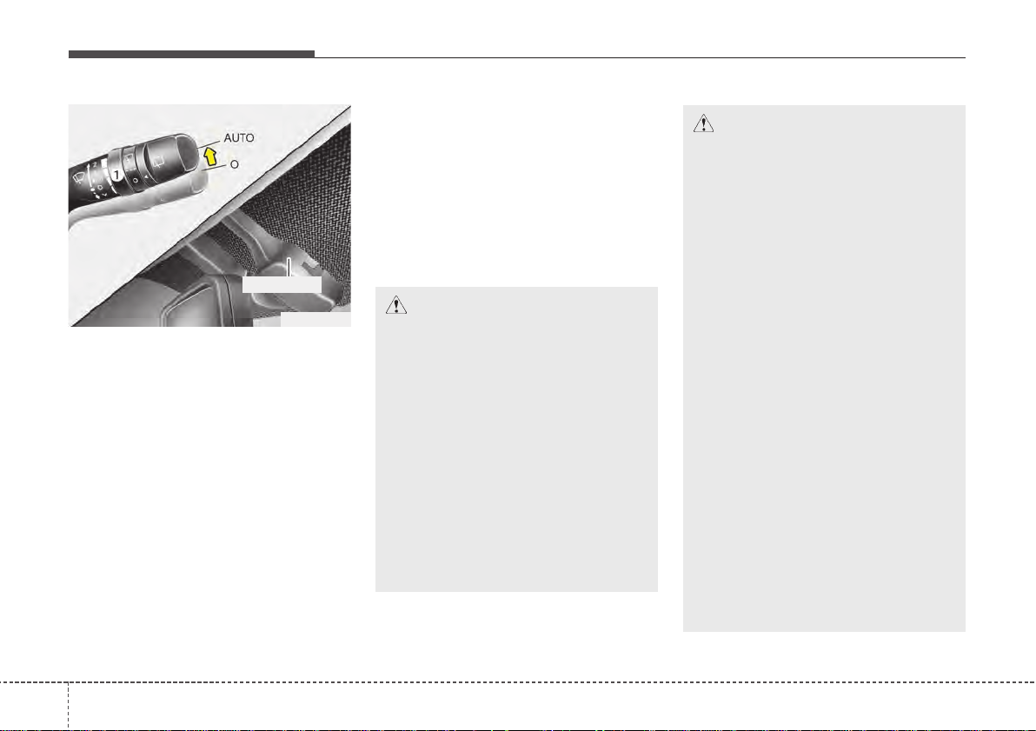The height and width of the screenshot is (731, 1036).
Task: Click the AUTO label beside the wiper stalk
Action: pyautogui.click(x=238, y=138)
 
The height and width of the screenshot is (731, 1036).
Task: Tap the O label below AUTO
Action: pyautogui.click(x=234, y=164)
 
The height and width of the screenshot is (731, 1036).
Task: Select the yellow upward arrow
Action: pyautogui.click(x=210, y=156)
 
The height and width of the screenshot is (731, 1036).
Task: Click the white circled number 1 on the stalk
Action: pyautogui.click(x=116, y=175)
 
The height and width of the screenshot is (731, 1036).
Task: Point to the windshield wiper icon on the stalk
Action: pyautogui.click(x=78, y=178)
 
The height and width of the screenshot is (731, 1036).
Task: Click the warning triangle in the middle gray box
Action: pyautogui.click(x=395, y=305)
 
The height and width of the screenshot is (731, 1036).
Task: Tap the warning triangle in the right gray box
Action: pyautogui.click(x=703, y=123)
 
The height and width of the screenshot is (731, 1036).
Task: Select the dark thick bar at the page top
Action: pyautogui.click(x=191, y=54)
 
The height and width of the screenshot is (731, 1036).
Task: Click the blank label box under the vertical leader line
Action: pyautogui.click(x=282, y=284)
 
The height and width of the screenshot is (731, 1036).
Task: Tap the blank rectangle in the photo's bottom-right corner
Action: pyautogui.click(x=315, y=319)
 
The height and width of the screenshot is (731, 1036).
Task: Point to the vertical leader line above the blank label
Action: pyautogui.click(x=289, y=267)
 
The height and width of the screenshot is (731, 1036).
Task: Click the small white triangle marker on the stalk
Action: pyautogui.click(x=146, y=176)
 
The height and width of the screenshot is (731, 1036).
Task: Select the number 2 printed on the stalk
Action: pyautogui.click(x=95, y=163)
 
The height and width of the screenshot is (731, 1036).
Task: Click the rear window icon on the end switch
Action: pyautogui.click(x=158, y=161)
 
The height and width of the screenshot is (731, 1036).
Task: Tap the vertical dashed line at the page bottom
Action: pyautogui.click(x=68, y=706)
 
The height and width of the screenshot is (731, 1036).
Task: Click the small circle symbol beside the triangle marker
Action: pyautogui.click(x=136, y=180)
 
